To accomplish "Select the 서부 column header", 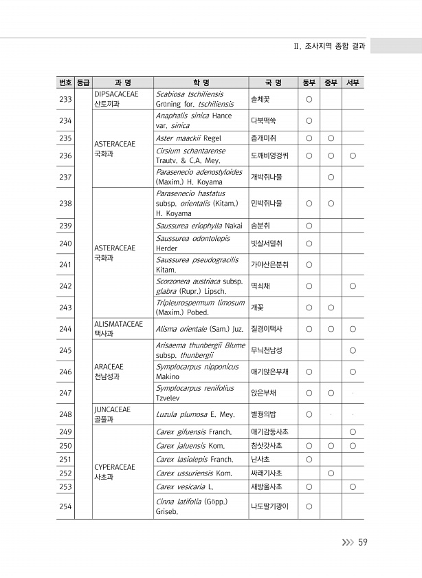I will pyautogui.click(x=352, y=83).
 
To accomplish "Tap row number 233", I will pyautogui.click(x=66, y=99).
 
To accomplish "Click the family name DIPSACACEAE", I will pyautogui.click(x=116, y=94).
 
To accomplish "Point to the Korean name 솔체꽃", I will pyautogui.click(x=260, y=100).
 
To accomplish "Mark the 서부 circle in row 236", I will pyautogui.click(x=353, y=156).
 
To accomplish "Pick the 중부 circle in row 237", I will pyautogui.click(x=331, y=177).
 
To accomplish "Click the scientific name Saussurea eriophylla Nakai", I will pyautogui.click(x=199, y=225).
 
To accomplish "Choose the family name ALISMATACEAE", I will pyautogui.click(x=118, y=323).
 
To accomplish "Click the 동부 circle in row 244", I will pyautogui.click(x=309, y=329).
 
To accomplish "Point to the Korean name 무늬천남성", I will pyautogui.click(x=266, y=350).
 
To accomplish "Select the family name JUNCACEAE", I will pyautogui.click(x=112, y=409).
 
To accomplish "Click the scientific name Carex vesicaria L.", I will pyautogui.click(x=185, y=487).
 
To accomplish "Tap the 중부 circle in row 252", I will pyautogui.click(x=331, y=473).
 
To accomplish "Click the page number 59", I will pyautogui.click(x=362, y=543).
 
